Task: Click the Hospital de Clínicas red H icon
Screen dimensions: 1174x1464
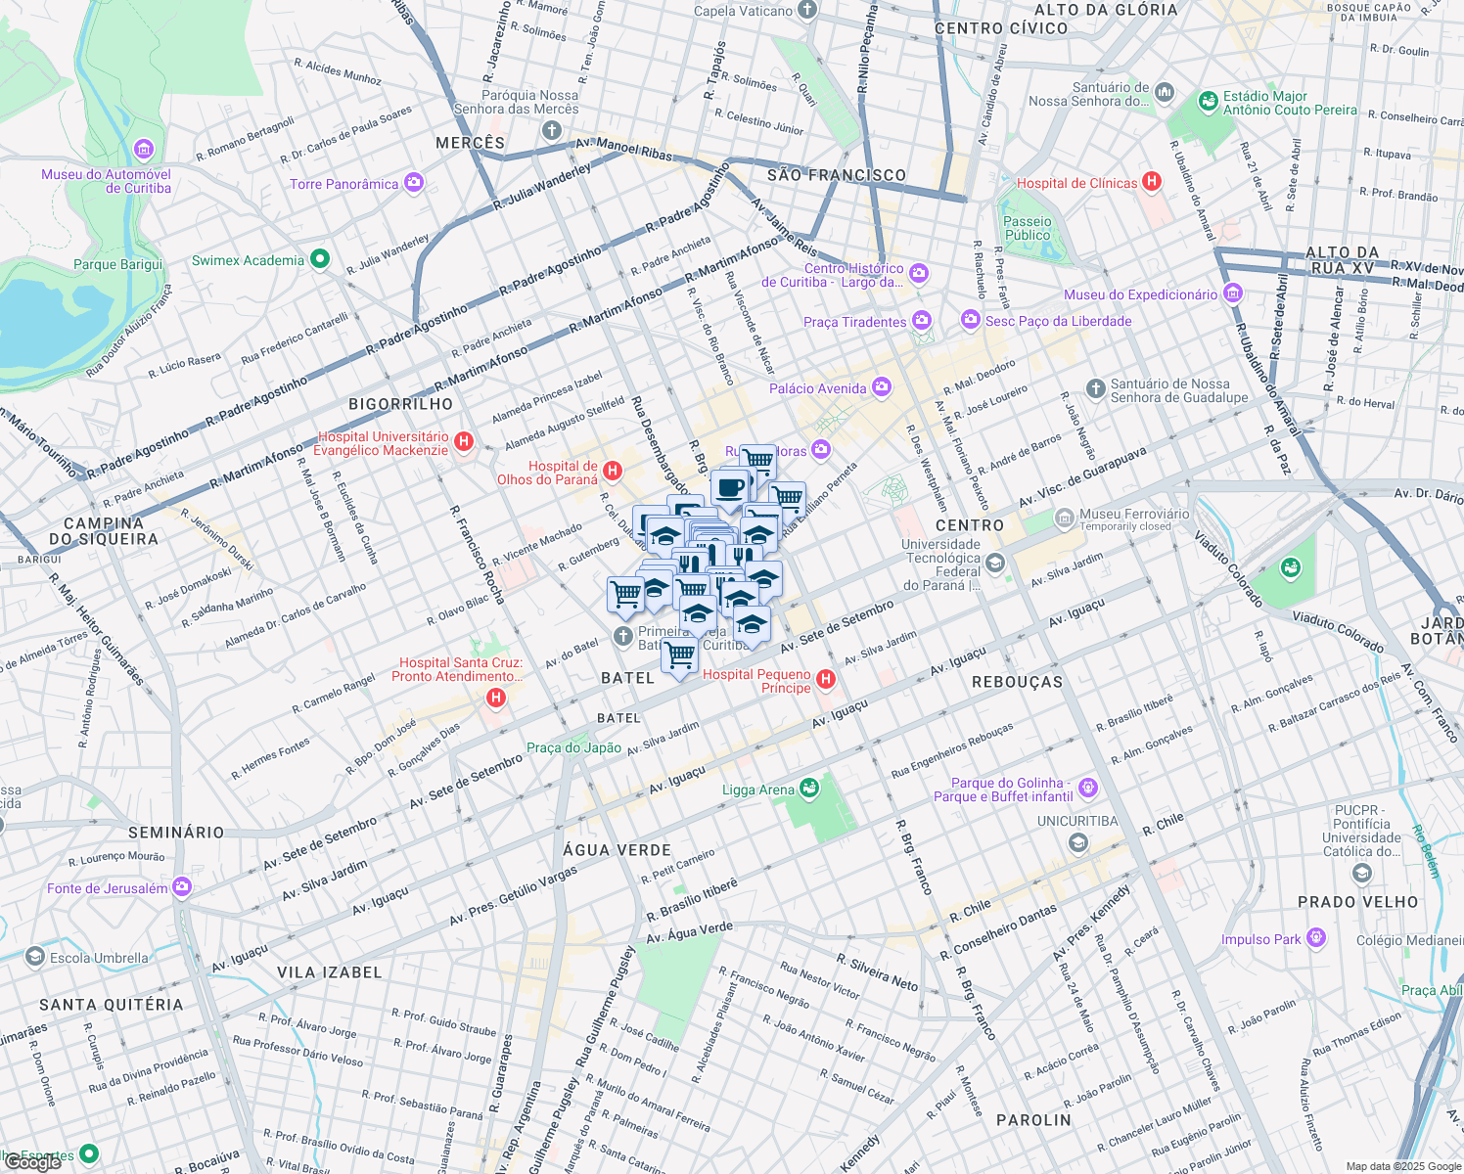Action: click(x=1152, y=182)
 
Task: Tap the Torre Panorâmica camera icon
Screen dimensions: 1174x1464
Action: click(x=414, y=183)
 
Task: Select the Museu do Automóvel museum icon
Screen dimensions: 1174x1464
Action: click(x=144, y=150)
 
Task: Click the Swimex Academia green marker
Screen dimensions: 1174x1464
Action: click(x=319, y=260)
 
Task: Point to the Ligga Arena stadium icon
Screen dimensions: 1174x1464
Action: click(x=808, y=788)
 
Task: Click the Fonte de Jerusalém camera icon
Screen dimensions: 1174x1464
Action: click(x=182, y=887)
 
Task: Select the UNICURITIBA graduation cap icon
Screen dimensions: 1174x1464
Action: click(x=1077, y=842)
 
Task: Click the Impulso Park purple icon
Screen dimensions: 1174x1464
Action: click(x=1316, y=939)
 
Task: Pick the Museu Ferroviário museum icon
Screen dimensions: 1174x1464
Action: click(x=1064, y=518)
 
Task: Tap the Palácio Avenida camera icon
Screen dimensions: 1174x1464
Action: click(x=882, y=388)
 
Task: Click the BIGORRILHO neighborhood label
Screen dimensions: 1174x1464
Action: click(x=401, y=404)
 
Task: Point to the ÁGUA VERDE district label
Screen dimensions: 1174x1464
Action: click(x=617, y=850)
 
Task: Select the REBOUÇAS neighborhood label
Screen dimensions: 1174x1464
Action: click(x=1017, y=682)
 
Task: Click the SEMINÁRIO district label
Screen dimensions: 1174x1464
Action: click(x=176, y=833)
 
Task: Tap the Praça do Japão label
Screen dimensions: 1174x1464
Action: click(x=573, y=747)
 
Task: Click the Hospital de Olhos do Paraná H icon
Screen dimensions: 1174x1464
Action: click(x=613, y=472)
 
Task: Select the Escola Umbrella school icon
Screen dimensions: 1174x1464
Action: click(x=35, y=957)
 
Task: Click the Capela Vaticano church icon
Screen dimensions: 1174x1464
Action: click(x=806, y=11)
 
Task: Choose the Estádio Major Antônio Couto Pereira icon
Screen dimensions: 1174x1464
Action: click(x=1208, y=102)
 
